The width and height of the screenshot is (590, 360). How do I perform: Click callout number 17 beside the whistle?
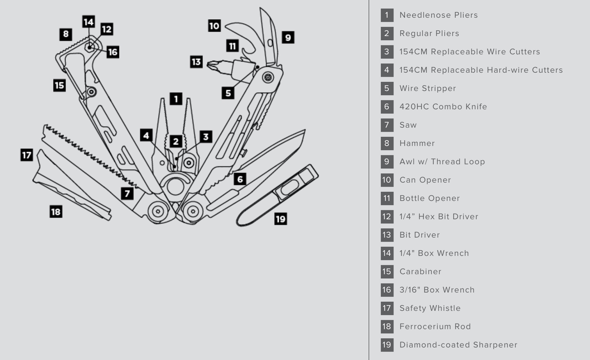[x=27, y=155]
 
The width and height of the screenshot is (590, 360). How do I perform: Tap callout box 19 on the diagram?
[x=281, y=219]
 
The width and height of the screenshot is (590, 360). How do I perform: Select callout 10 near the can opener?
[x=214, y=26]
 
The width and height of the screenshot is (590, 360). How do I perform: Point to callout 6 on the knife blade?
[x=240, y=179]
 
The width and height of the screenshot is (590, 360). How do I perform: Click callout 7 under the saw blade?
[x=127, y=193]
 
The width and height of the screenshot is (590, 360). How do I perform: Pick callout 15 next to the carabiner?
[x=59, y=86]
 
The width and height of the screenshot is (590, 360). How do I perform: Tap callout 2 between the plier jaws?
[x=176, y=141]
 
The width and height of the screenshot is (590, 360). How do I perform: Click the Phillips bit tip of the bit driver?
[x=211, y=65]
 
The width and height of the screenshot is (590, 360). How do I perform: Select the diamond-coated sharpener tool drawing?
[x=277, y=195]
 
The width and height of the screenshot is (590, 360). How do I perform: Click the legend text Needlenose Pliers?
[x=438, y=15]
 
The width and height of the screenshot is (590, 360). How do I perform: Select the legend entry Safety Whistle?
[x=430, y=308]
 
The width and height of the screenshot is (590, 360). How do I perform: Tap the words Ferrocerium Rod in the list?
[x=435, y=326]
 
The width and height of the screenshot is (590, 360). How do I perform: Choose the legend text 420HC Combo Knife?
[x=443, y=107]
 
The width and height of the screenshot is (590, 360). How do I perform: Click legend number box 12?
[x=387, y=217]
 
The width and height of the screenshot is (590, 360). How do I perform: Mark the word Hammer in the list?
[x=417, y=143]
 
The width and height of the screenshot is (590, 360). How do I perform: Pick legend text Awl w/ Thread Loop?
[x=442, y=162]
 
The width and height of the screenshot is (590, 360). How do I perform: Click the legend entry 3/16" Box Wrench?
[x=437, y=290]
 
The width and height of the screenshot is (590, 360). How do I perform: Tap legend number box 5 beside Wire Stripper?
[x=387, y=89]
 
